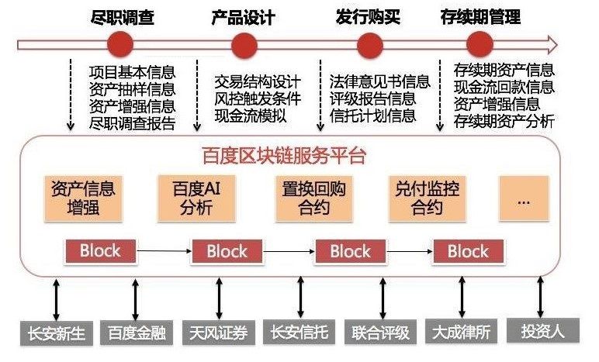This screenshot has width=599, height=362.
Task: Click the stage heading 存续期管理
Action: (x=482, y=16)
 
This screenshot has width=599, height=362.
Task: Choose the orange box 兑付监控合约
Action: (x=426, y=197)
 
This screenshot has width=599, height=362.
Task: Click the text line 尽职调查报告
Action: (x=132, y=123)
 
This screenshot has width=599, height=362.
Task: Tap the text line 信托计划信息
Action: (x=373, y=116)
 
